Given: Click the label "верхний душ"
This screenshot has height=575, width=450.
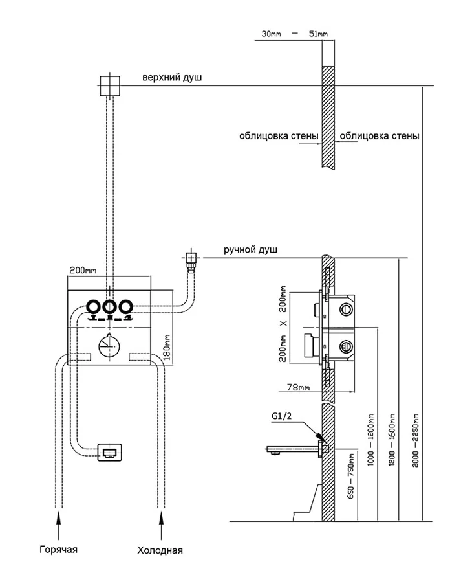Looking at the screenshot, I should tap(173, 78).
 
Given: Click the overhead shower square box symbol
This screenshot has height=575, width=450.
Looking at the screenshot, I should tap(109, 86).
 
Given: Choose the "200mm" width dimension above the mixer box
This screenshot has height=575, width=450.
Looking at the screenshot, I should tap(81, 269).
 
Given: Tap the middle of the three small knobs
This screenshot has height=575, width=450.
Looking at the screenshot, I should tap(109, 307).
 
